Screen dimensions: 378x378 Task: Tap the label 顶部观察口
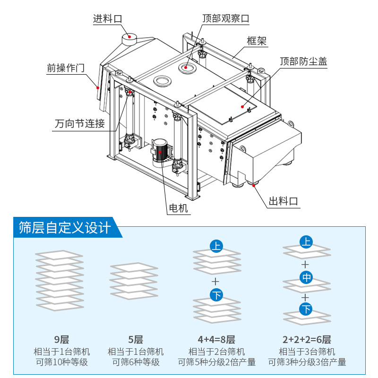[225, 18]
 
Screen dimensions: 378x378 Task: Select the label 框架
[257, 41]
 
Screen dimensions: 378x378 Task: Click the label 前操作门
[65, 68]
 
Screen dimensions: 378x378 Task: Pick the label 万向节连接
[79, 124]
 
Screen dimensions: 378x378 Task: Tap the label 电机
[179, 208]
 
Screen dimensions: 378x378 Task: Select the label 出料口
[283, 201]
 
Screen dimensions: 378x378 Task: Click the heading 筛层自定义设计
[65, 228]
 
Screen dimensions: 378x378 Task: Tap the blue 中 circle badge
[306, 277]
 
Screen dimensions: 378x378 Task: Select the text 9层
[61, 339]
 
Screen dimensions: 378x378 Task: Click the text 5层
[136, 339]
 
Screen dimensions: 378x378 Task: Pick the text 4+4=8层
[216, 339]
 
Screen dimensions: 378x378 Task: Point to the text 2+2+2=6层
[307, 339]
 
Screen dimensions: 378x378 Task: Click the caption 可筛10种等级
[61, 362]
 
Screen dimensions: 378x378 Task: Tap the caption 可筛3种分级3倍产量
[307, 362]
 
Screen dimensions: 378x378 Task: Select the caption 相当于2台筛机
[216, 352]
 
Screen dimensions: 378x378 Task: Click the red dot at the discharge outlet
[254, 186]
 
